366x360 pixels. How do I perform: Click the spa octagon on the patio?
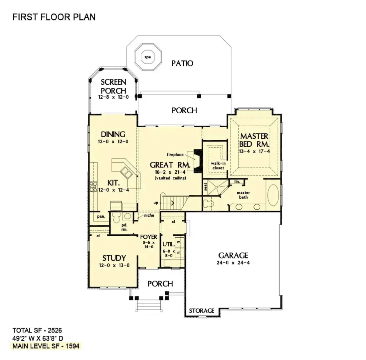(147, 57)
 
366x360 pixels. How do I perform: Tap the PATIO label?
(182, 63)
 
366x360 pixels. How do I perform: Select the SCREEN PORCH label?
(113, 86)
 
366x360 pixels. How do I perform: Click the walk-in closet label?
(217, 166)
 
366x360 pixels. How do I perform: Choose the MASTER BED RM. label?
(255, 140)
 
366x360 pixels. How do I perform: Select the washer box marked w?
(178, 242)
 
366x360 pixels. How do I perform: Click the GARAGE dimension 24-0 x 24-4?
(233, 263)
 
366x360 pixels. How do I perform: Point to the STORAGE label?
(202, 311)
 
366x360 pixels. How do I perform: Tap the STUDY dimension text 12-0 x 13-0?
(113, 265)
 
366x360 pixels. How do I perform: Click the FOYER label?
(148, 237)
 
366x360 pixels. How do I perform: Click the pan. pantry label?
(101, 216)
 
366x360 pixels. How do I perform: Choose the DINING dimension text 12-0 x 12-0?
(113, 142)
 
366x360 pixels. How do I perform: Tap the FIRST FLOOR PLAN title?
(54, 17)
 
